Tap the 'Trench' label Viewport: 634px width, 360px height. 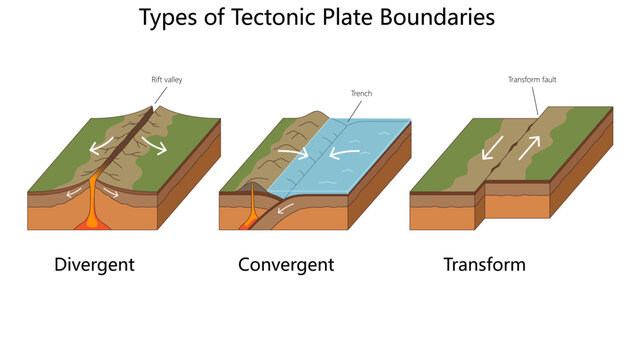[x=361, y=94]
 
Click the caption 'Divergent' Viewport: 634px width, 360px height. [x=94, y=265]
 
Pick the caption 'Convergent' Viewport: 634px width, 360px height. [x=286, y=265]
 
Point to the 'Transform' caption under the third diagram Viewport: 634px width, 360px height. [x=484, y=265]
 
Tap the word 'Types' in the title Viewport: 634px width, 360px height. [x=167, y=18]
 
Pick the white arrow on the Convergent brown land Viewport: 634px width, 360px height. [x=292, y=153]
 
